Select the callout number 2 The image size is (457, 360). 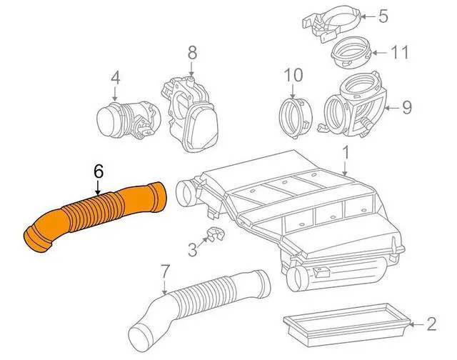coord(431,324)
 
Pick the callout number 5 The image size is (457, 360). coord(383,15)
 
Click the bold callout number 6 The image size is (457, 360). coord(99,171)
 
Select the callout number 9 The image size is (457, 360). coord(406,108)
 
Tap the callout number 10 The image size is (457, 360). coord(293,74)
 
